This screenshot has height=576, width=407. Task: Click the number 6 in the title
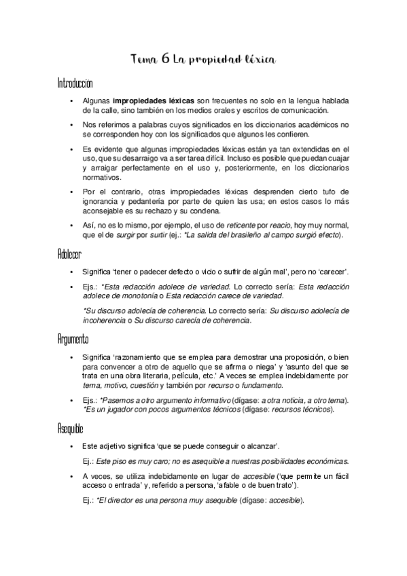(x=166, y=60)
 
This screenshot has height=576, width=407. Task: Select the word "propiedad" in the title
(x=214, y=61)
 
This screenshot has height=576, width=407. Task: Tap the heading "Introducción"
(x=75, y=84)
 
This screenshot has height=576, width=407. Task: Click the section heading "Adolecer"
(x=70, y=254)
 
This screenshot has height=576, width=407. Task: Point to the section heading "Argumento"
(x=73, y=338)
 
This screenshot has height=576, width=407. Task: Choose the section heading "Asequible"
(x=72, y=428)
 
